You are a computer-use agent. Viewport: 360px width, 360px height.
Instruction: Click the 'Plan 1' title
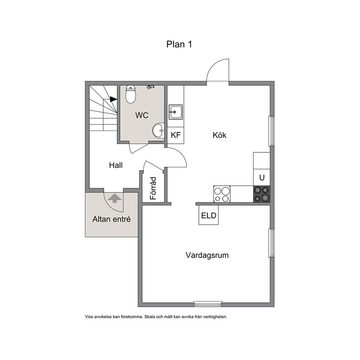tap(179, 44)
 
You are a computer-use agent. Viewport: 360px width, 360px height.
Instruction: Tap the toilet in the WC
tap(130, 94)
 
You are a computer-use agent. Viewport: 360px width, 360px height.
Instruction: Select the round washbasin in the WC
tap(158, 130)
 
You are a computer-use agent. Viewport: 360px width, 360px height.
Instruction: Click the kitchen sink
tap(176, 112)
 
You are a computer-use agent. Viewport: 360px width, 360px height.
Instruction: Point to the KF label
tap(175, 135)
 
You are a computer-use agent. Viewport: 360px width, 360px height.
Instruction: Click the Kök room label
tap(219, 135)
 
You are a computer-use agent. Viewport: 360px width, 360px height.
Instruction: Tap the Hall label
tap(116, 165)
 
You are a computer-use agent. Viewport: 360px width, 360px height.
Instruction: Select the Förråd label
tap(153, 188)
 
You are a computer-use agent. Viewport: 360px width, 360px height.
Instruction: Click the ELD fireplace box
tap(208, 215)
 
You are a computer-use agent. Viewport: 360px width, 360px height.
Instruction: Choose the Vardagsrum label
tap(207, 255)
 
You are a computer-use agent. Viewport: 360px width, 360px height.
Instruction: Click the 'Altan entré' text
tap(112, 219)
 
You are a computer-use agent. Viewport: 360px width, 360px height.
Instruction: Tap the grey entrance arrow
tap(115, 198)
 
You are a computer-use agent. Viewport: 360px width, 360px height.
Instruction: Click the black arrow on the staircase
tap(113, 99)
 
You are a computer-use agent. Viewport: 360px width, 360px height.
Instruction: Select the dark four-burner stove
tap(262, 194)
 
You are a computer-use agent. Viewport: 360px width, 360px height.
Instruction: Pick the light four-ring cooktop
tap(222, 194)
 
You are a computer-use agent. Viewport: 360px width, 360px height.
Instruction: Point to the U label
tap(262, 177)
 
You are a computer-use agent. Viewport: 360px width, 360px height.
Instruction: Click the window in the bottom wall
tap(208, 304)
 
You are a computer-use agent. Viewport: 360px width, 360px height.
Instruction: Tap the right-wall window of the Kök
tap(271, 131)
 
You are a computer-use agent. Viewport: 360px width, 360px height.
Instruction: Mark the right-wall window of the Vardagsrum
tap(271, 243)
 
